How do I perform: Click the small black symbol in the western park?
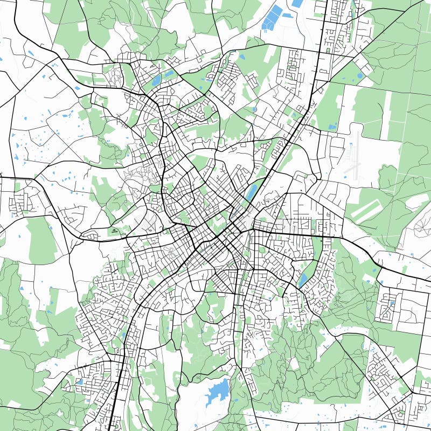click(x=114, y=231)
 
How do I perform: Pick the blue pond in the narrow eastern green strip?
click(x=303, y=279)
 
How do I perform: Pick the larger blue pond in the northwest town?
click(x=156, y=81)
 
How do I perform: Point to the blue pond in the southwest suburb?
click(x=80, y=381)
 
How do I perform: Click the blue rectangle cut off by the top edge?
click(x=297, y=3)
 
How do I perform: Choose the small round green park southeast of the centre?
click(x=262, y=249)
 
